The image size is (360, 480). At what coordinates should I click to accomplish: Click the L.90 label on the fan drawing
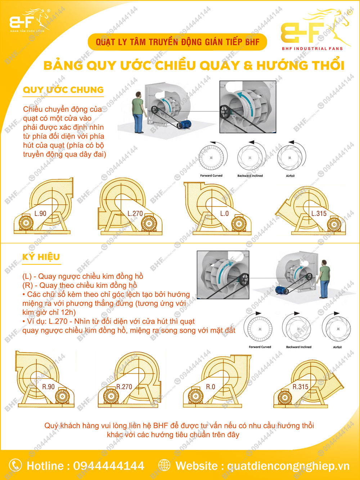(x=40, y=214)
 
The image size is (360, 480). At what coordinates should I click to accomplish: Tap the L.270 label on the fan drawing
(x=135, y=214)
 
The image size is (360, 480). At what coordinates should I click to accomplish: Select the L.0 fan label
(x=224, y=214)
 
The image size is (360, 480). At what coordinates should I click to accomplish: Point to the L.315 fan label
(x=319, y=214)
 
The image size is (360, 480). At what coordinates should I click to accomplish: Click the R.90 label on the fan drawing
(x=48, y=387)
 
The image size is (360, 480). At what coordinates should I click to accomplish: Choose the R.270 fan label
(x=124, y=387)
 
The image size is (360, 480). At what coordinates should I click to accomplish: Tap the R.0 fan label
(x=210, y=387)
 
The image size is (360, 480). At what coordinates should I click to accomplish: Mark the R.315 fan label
(x=300, y=387)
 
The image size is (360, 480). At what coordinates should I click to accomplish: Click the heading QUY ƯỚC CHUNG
(x=63, y=90)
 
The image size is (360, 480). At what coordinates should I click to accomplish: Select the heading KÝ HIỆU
(x=41, y=257)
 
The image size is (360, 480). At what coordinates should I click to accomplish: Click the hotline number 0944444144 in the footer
(x=109, y=466)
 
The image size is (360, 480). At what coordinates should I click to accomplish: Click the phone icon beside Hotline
(x=15, y=465)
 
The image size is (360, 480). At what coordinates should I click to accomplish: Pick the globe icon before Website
(x=164, y=465)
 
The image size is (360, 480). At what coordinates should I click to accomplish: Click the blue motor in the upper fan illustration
(x=185, y=125)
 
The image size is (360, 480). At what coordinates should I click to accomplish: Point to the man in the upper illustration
(x=138, y=112)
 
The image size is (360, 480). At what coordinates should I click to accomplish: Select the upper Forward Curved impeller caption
(x=211, y=176)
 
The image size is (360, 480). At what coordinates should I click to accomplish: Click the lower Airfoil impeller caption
(x=337, y=347)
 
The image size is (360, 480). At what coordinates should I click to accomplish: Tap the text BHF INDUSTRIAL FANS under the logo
(x=312, y=49)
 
